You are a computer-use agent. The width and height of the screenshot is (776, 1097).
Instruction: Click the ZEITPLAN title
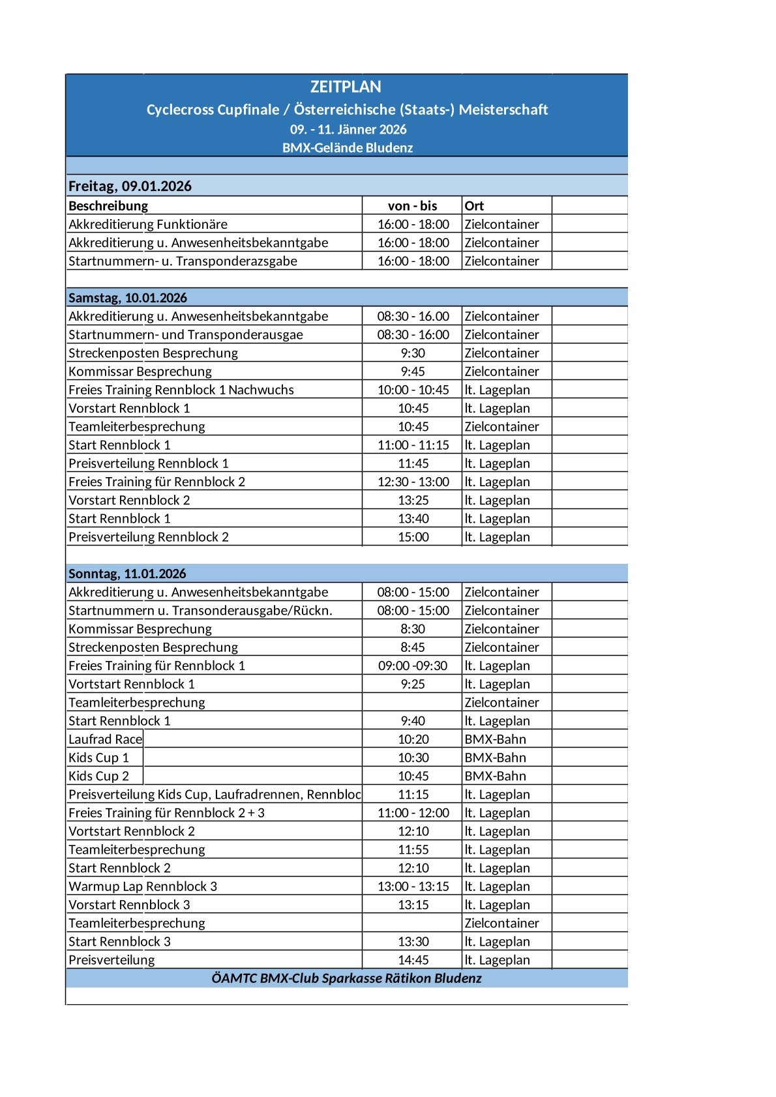pyautogui.click(x=346, y=87)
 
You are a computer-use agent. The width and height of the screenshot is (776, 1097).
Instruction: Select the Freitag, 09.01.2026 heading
pyautogui.click(x=130, y=186)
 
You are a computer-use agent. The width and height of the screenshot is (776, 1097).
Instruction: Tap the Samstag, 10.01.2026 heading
pyautogui.click(x=128, y=298)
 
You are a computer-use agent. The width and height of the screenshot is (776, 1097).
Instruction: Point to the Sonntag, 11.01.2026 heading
pyautogui.click(x=127, y=574)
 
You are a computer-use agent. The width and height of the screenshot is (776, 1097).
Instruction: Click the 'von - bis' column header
pyautogui.click(x=412, y=206)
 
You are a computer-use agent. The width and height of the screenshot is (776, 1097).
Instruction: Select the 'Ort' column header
pyautogui.click(x=474, y=206)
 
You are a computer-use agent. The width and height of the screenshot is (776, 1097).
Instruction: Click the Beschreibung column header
pyautogui.click(x=108, y=206)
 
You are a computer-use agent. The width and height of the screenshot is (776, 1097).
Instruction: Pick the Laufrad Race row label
pyautogui.click(x=105, y=739)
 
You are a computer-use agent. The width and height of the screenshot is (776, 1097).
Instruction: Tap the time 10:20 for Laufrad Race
pyautogui.click(x=413, y=739)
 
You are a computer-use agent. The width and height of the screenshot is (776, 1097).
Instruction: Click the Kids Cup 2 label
pyautogui.click(x=99, y=776)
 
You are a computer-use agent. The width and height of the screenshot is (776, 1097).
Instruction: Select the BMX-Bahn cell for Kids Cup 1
pyautogui.click(x=495, y=757)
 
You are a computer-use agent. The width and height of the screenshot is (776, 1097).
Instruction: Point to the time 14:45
pyautogui.click(x=413, y=959)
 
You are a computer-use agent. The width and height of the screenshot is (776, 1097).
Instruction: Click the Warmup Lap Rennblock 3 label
pyautogui.click(x=143, y=886)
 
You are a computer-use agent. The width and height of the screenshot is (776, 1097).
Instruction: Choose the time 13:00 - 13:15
pyautogui.click(x=413, y=886)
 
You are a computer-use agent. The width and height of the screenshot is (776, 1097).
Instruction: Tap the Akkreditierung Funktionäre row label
pyautogui.click(x=148, y=224)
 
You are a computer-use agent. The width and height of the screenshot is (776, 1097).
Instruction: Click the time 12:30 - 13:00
pyautogui.click(x=413, y=482)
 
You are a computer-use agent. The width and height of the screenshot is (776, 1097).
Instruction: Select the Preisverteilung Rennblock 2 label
pyautogui.click(x=149, y=537)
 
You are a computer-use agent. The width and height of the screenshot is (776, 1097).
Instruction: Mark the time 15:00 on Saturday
pyautogui.click(x=413, y=537)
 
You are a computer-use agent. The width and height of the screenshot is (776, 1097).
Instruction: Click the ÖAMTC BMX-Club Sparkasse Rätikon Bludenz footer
pyautogui.click(x=346, y=978)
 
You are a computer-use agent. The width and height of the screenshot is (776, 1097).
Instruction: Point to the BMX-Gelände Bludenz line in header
pyautogui.click(x=348, y=148)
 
